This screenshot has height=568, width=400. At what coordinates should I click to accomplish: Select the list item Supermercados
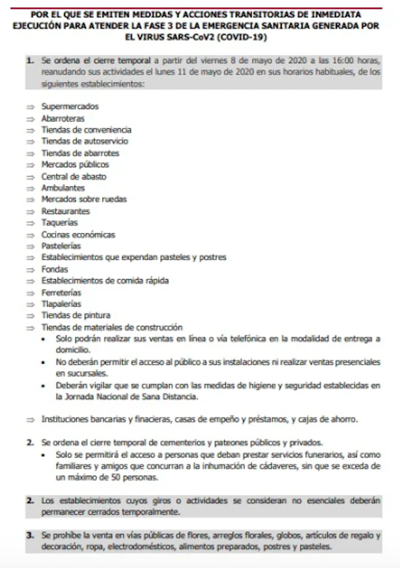tap(70, 107)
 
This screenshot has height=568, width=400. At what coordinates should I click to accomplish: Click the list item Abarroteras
tap(63, 118)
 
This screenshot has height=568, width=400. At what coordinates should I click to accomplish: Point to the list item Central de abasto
tap(74, 176)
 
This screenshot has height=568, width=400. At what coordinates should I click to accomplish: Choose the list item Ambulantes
tap(63, 188)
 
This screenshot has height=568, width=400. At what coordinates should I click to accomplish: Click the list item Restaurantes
tap(65, 211)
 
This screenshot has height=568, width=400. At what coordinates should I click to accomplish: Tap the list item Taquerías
tap(59, 222)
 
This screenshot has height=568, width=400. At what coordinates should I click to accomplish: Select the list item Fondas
tap(54, 269)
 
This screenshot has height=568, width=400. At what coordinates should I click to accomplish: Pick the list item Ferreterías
tap(61, 293)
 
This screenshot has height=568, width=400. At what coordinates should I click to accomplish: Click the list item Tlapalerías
tap(61, 304)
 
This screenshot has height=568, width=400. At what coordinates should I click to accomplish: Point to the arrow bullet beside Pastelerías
tap(30, 246)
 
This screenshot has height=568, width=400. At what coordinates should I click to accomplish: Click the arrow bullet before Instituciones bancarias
tap(30, 420)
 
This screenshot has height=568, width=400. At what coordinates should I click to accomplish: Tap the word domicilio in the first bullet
tap(72, 350)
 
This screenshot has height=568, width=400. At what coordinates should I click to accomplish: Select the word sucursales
tap(81, 373)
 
